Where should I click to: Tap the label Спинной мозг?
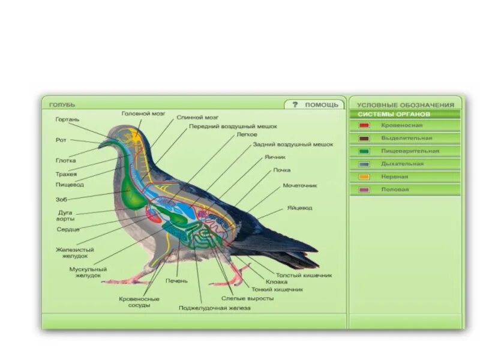[x=197, y=118]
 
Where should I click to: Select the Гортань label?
[x=67, y=119]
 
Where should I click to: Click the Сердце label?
[x=68, y=229]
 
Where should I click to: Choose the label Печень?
[x=177, y=280]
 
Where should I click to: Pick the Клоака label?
[x=277, y=281]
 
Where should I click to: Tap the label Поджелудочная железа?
[x=214, y=308]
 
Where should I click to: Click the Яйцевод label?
[x=298, y=208]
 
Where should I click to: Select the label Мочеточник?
[x=300, y=185]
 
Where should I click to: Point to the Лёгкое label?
[x=247, y=135]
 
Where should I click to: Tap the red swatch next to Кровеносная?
[x=364, y=125]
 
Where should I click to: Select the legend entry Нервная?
[x=395, y=177]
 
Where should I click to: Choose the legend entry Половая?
[x=395, y=190]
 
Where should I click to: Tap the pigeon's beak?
[x=103, y=144]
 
